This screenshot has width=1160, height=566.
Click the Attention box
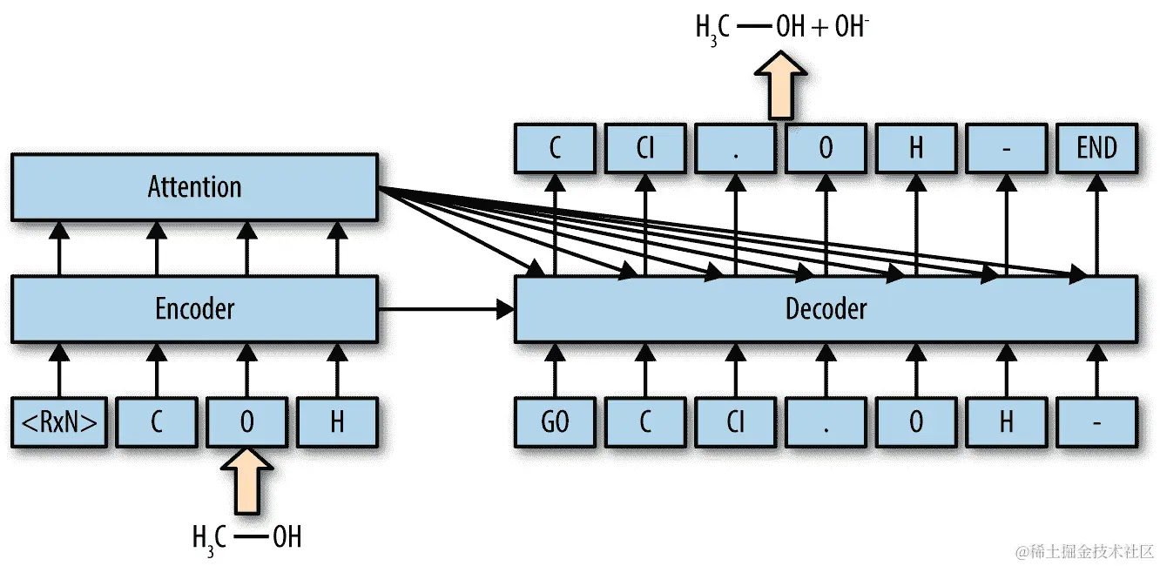(x=194, y=186)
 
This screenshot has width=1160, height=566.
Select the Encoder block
(x=194, y=308)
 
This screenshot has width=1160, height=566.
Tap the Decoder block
(x=826, y=308)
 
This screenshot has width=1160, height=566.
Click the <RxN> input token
(x=59, y=422)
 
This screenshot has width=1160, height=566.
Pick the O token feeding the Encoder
(x=246, y=422)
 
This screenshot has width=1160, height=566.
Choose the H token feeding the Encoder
(x=337, y=422)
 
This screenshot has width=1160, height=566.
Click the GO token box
(x=555, y=422)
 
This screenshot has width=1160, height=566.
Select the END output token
(x=1096, y=148)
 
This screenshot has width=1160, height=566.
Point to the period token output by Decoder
(x=735, y=148)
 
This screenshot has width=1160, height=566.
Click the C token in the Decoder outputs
(x=555, y=148)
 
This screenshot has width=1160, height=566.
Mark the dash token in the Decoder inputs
(x=1096, y=422)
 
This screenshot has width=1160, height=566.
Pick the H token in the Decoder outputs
(x=915, y=148)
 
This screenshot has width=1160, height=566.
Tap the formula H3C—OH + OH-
(x=781, y=27)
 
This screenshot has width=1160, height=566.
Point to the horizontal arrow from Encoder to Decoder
(x=444, y=307)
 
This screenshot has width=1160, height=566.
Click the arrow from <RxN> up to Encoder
(x=59, y=369)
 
